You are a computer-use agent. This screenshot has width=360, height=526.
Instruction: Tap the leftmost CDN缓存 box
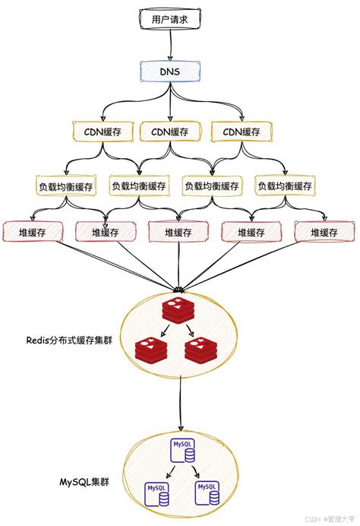(98, 131)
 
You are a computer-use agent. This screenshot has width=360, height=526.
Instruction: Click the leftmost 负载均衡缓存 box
(66, 185)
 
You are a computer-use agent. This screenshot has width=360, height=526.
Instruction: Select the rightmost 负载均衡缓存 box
(285, 185)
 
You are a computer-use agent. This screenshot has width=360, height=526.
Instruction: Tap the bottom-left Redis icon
(150, 351)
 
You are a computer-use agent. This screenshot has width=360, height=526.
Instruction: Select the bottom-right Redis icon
(201, 351)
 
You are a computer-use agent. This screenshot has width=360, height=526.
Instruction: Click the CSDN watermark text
(308, 517)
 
